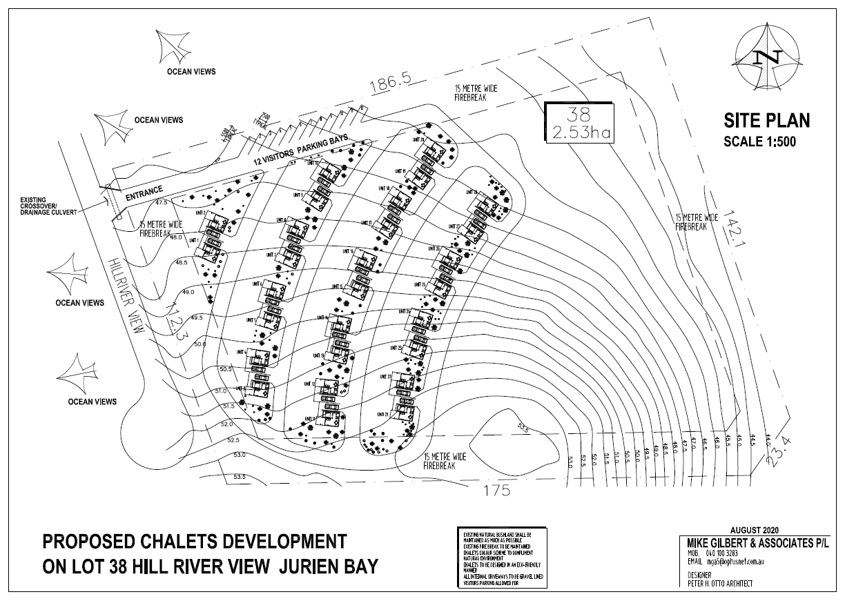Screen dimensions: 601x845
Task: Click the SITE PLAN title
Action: (x=766, y=122)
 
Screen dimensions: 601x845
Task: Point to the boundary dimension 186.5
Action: (x=391, y=86)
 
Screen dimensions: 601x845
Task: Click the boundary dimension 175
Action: (x=496, y=491)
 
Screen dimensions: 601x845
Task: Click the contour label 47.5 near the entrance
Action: (x=162, y=203)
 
